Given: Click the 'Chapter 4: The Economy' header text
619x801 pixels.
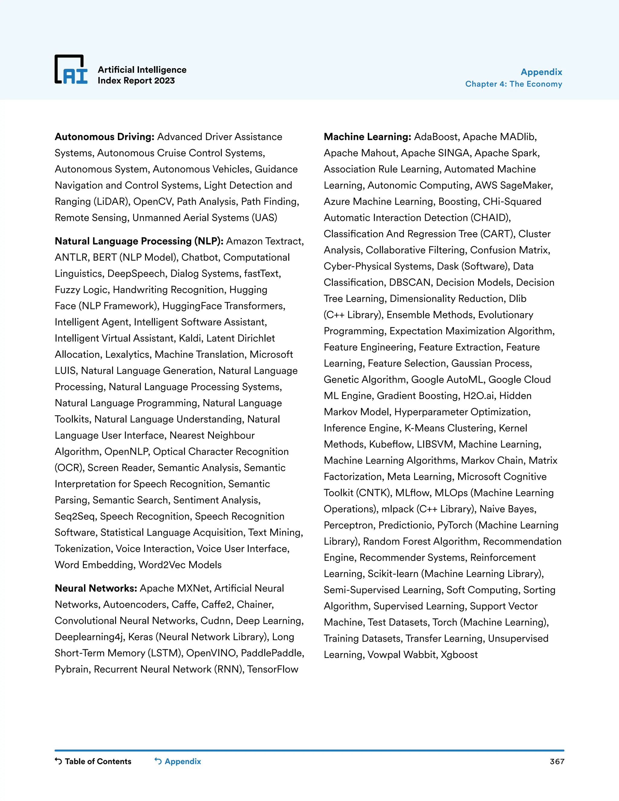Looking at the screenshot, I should (514, 84).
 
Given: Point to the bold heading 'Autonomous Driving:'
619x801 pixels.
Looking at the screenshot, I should (105, 137).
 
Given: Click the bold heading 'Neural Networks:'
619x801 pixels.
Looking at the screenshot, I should (96, 588).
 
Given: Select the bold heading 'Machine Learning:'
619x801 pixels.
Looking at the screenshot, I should (367, 137).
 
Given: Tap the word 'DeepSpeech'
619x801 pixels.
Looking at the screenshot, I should (136, 274).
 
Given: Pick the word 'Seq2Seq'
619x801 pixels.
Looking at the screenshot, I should (75, 516).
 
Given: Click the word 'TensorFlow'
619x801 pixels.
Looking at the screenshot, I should (272, 669).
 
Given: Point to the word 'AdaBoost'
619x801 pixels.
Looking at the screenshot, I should (436, 137).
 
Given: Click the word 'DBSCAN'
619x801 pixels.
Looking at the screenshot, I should (410, 282).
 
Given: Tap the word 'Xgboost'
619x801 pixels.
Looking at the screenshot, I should (459, 655).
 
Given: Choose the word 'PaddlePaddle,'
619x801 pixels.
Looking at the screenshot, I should (272, 653).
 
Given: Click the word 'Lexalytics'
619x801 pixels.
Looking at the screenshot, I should (128, 355).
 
